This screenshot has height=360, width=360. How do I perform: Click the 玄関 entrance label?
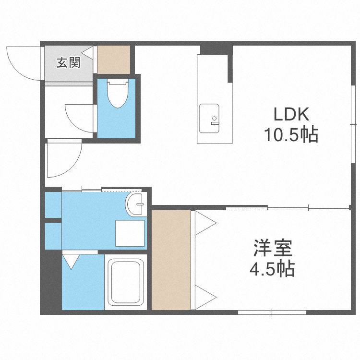click(x=68, y=63)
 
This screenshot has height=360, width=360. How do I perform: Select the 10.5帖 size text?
click(x=290, y=135)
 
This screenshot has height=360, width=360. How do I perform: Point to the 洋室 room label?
click(x=272, y=250)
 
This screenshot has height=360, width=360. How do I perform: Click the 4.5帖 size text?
click(x=272, y=269)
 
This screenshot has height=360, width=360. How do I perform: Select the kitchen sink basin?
click(x=209, y=118)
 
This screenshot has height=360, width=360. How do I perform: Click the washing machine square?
click(x=130, y=234)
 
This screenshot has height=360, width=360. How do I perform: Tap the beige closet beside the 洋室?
click(x=171, y=259)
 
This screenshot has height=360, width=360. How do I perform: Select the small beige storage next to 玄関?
click(x=114, y=60)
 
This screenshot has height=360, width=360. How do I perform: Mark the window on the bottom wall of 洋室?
click(x=272, y=312)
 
